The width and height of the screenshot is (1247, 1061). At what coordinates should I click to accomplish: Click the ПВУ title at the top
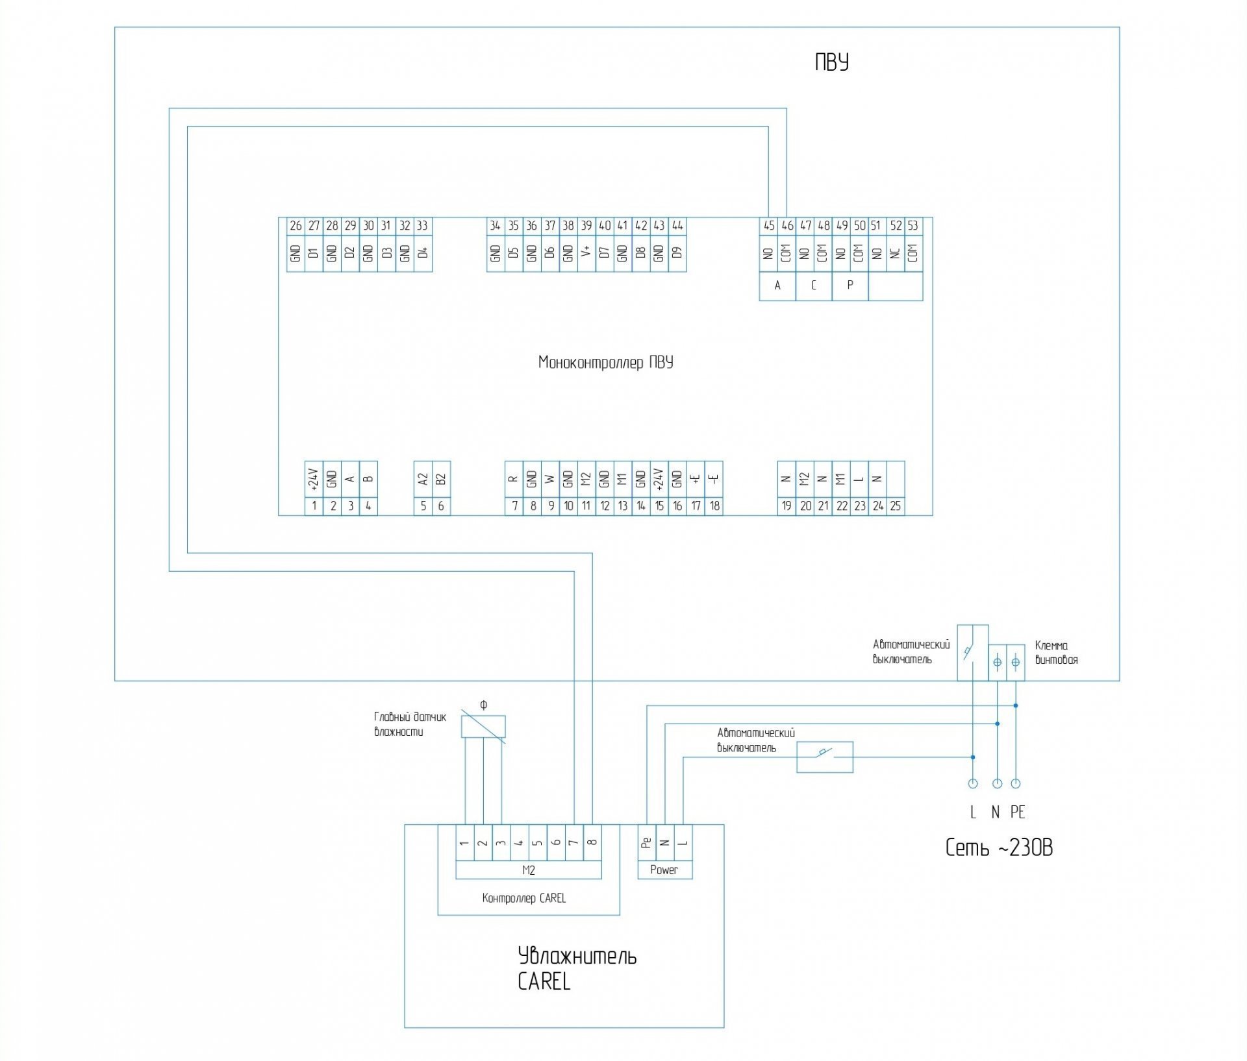tap(832, 62)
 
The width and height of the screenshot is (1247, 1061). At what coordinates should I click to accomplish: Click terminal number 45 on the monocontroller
tap(769, 226)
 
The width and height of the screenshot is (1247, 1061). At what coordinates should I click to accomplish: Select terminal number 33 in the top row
tap(422, 226)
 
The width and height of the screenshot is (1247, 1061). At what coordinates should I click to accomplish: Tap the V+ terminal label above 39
tap(586, 252)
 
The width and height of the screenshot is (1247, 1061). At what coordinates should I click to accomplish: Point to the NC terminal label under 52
tap(896, 252)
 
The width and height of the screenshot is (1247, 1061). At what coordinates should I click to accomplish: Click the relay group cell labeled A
tap(777, 286)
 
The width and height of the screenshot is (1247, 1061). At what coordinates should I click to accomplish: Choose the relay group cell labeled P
tap(850, 286)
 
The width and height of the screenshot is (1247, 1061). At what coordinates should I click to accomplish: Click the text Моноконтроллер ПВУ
tap(605, 362)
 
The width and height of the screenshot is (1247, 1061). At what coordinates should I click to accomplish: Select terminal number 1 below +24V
tap(314, 506)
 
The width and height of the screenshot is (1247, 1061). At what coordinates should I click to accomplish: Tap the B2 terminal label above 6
tap(441, 480)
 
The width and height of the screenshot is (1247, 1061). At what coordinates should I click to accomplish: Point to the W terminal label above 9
tap(550, 480)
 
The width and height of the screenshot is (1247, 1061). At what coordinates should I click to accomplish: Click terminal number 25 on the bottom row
tap(896, 506)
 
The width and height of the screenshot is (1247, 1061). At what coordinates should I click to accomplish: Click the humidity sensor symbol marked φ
tap(483, 727)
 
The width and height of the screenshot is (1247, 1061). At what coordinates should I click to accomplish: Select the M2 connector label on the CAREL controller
tap(528, 870)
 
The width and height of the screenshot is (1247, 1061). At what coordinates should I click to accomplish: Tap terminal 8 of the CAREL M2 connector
tap(592, 843)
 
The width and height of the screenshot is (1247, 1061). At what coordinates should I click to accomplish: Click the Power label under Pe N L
tap(664, 870)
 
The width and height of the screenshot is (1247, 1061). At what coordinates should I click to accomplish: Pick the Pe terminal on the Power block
tap(646, 843)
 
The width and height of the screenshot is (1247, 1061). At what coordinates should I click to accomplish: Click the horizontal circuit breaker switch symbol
tap(825, 757)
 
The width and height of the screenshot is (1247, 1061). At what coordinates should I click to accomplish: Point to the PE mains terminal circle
tap(1016, 783)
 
